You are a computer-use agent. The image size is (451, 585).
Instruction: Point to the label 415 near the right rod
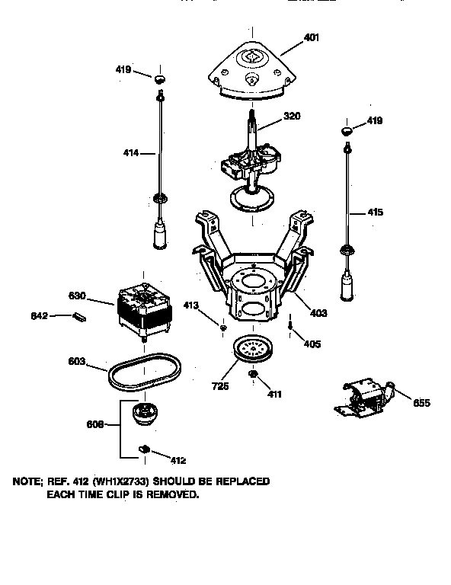[x=376, y=213]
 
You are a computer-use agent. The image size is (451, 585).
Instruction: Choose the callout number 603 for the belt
[x=77, y=363]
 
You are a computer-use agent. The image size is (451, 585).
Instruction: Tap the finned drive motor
[x=146, y=308]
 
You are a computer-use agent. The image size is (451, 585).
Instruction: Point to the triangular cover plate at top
[x=251, y=71]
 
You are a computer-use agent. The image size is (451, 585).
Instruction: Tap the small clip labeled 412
[x=143, y=449]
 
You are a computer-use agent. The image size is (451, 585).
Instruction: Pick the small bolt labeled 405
[x=292, y=325]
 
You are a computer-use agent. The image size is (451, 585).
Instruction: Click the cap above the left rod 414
[x=160, y=78]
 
